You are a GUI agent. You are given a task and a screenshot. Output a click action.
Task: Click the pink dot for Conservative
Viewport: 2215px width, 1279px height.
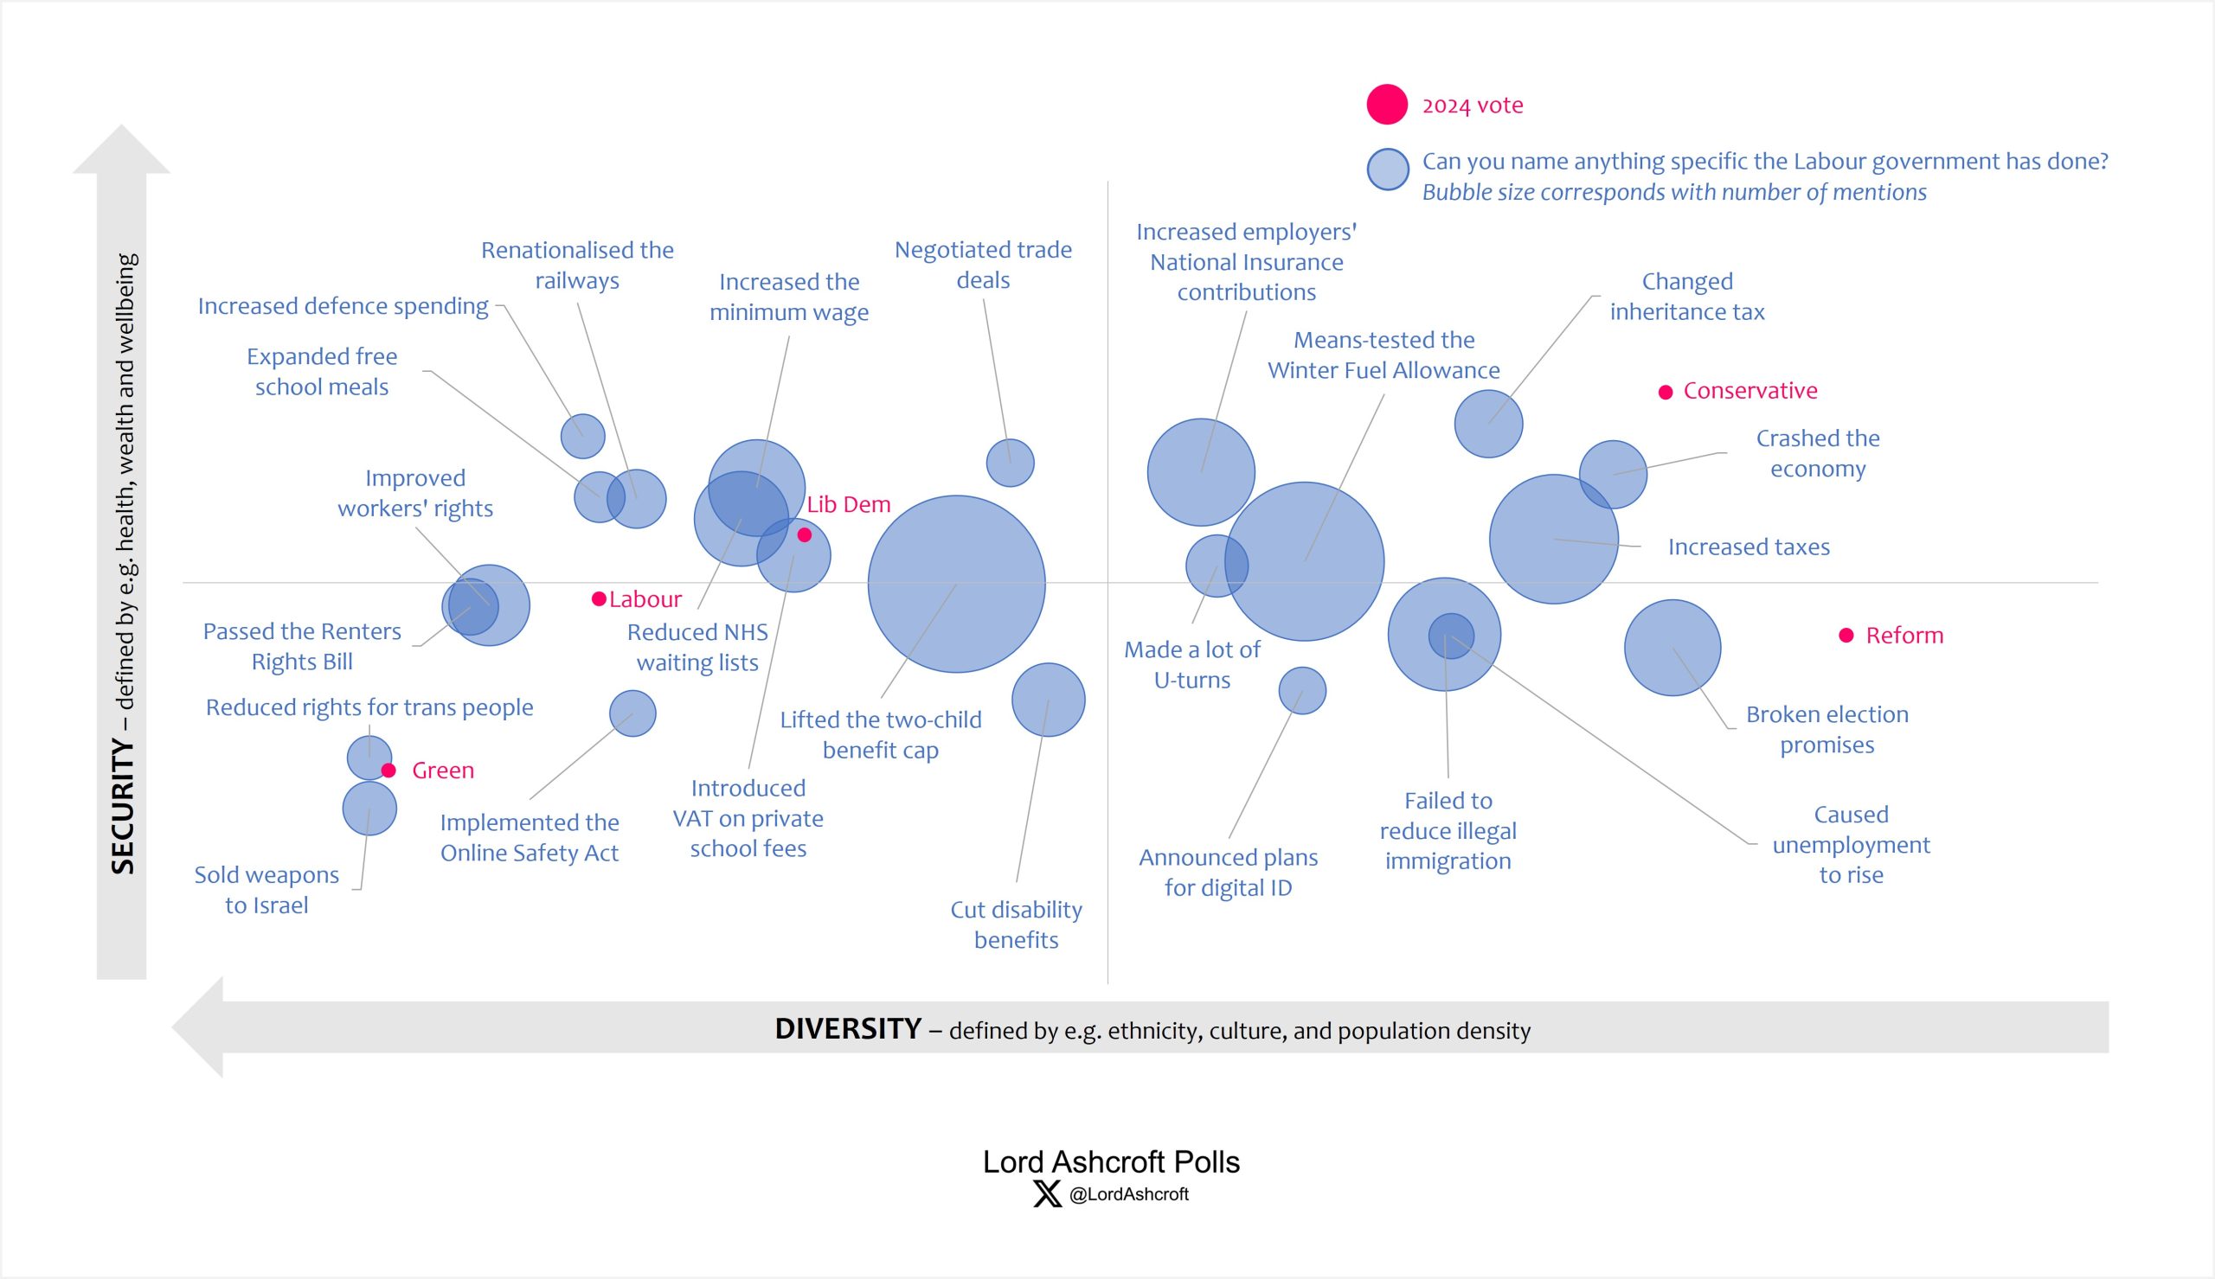click(x=1665, y=392)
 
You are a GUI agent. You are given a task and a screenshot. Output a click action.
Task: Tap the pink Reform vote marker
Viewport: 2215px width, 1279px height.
click(x=1846, y=635)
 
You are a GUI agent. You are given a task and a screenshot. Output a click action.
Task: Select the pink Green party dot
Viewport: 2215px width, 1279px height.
click(x=388, y=771)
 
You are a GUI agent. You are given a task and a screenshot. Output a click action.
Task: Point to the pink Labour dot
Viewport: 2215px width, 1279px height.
click(x=600, y=599)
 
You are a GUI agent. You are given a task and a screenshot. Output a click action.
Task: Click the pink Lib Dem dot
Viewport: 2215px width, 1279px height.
click(x=804, y=535)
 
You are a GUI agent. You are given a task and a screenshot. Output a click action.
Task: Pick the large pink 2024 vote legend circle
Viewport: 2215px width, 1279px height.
click(x=1386, y=105)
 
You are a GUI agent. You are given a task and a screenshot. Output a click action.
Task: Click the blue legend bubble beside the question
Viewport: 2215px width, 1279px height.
click(x=1387, y=169)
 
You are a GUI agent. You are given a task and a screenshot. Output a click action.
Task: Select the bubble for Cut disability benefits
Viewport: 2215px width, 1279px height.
click(x=1048, y=700)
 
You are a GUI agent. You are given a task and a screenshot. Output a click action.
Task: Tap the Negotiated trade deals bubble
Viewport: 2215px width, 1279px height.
click(x=1011, y=463)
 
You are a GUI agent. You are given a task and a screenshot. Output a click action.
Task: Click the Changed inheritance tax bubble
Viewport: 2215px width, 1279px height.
click(x=1488, y=424)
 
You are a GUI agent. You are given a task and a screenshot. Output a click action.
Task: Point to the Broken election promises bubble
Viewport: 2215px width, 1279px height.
click(x=1672, y=649)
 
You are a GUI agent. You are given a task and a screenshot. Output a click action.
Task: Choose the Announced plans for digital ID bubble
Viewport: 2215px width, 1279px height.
click(x=1302, y=690)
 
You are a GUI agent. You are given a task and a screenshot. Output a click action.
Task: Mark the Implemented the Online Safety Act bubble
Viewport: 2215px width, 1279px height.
click(x=632, y=713)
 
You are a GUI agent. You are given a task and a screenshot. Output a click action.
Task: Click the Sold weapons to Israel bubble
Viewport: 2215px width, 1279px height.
click(x=369, y=809)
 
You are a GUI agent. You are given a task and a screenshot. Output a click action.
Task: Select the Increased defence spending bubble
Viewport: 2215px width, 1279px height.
click(x=582, y=436)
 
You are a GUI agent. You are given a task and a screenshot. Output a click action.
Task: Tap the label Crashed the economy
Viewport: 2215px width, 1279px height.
click(x=1817, y=453)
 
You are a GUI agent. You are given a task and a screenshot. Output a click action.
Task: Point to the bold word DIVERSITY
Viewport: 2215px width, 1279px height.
click(x=848, y=1028)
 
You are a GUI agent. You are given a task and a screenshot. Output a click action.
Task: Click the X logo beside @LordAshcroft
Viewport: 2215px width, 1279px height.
click(x=1047, y=1193)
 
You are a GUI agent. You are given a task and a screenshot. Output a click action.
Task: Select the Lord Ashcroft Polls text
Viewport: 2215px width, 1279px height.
click(x=1111, y=1162)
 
